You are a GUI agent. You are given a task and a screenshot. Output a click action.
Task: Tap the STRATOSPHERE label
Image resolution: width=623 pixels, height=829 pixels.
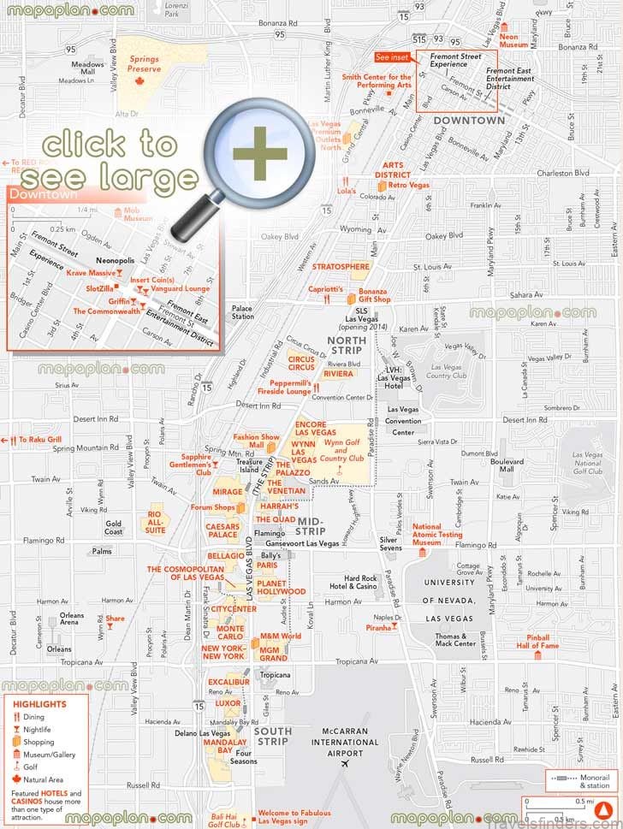point(341,267)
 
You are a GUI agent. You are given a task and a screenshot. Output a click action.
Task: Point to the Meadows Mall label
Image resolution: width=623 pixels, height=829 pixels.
point(86,69)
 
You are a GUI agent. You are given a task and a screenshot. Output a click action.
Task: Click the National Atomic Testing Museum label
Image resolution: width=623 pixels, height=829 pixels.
point(438,535)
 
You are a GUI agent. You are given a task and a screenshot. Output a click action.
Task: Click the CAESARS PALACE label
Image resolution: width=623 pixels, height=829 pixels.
point(222,530)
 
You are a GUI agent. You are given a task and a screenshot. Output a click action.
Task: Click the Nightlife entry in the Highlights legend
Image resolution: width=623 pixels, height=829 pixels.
point(39,729)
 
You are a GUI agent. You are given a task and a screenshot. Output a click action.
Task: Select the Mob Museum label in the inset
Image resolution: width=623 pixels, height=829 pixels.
point(137,214)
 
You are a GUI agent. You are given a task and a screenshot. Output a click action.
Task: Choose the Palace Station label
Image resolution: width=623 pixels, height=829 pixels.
point(242,311)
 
